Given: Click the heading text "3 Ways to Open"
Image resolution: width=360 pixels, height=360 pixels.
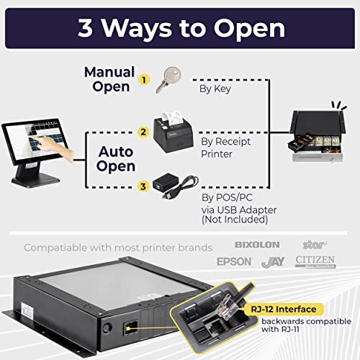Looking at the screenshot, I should coord(179,29).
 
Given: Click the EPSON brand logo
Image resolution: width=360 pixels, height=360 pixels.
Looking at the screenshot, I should coord(235,261).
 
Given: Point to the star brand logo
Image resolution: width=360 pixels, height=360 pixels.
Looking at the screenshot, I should coord(313,245).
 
